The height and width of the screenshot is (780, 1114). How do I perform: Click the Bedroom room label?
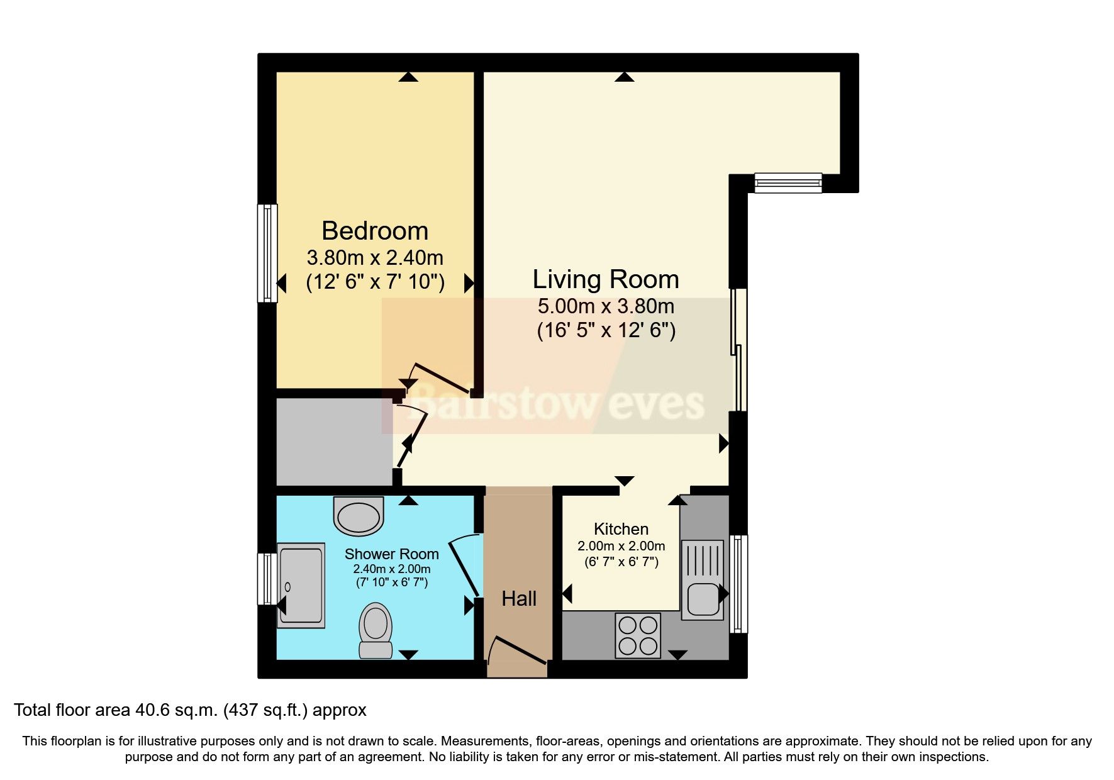[375, 231]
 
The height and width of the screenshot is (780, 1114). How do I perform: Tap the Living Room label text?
[605, 279]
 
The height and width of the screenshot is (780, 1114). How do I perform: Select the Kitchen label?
[621, 529]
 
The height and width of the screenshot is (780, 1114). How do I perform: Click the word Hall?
[519, 599]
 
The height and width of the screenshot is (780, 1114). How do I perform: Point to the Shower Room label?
[391, 554]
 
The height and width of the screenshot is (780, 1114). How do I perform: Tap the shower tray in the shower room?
[301, 585]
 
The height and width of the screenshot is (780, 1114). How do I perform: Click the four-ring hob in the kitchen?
[638, 635]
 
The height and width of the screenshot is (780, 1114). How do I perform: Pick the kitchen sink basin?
[701, 599]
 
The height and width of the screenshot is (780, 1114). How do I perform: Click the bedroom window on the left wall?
[268, 253]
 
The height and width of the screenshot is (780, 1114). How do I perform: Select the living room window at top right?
[788, 182]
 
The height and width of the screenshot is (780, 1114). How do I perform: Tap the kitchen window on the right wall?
[738, 584]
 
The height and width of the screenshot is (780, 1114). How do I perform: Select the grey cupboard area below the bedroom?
[333, 442]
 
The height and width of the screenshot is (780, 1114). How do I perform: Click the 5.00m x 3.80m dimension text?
[605, 307]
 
